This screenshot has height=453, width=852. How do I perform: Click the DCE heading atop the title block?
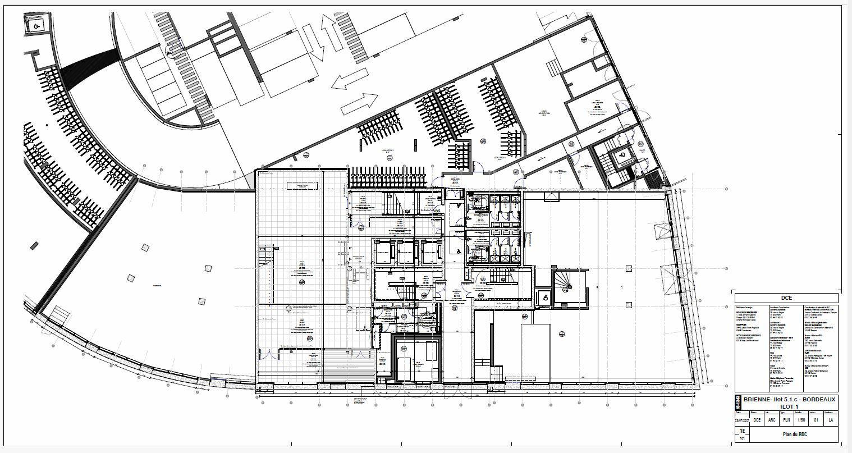[x=786, y=298]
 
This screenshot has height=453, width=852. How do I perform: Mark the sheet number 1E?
[x=742, y=431]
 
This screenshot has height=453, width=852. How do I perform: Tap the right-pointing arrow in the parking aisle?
[x=360, y=103]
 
